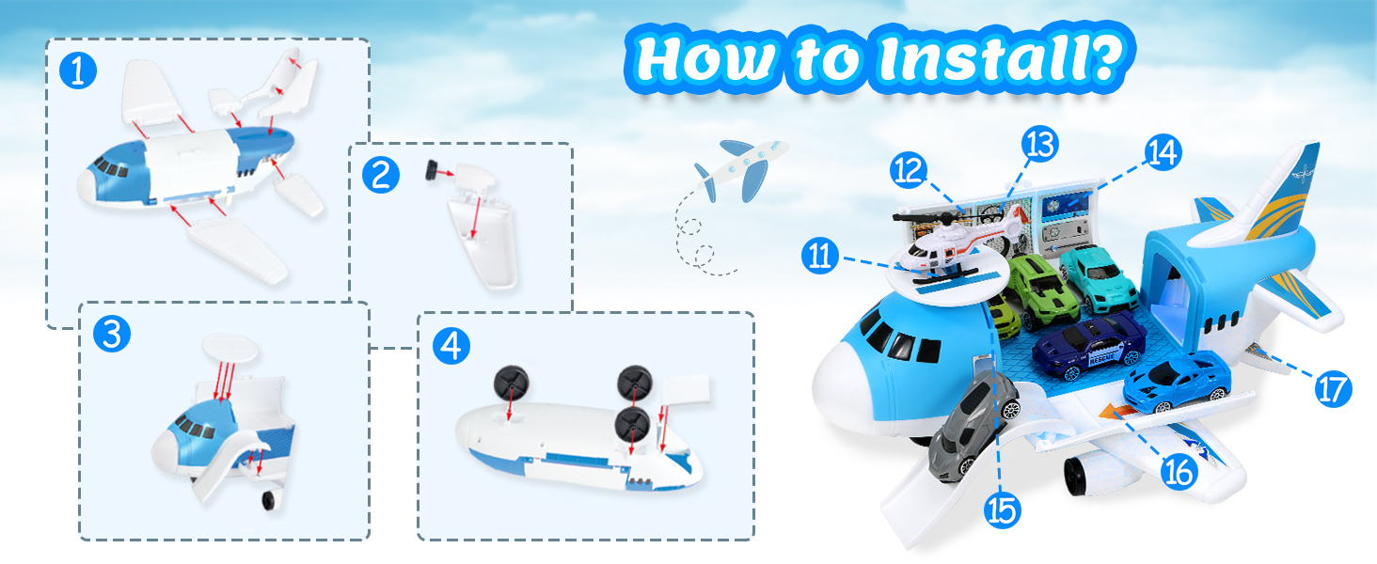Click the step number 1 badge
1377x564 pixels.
(x=78, y=70)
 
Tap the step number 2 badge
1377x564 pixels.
(x=381, y=175)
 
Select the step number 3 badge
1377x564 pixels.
(x=112, y=334)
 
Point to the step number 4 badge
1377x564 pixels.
(x=451, y=345)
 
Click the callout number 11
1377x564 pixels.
(x=820, y=256)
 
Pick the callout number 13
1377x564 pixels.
(x=1040, y=145)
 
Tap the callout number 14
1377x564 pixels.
(x=1163, y=151)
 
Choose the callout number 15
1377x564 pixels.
(x=1002, y=509)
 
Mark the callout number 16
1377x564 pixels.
(x=1179, y=472)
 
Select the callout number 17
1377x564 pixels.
(x=1333, y=388)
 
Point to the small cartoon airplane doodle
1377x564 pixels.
(x=741, y=170)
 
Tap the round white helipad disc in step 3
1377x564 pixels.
(x=231, y=349)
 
